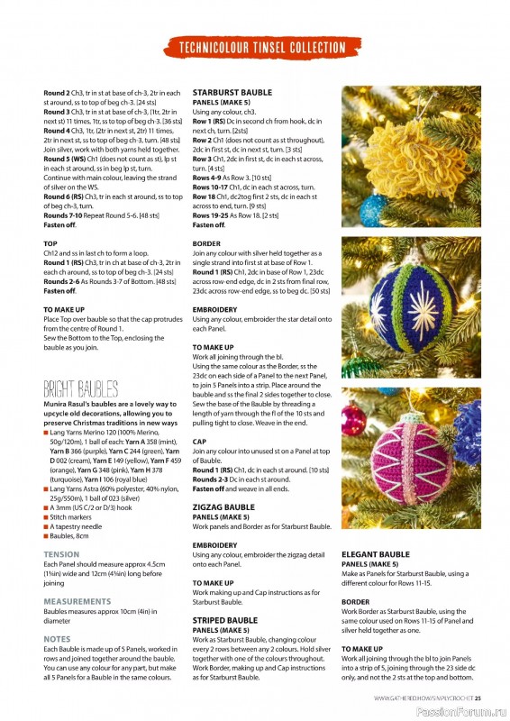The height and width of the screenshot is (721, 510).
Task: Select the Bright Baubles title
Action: click(80, 388)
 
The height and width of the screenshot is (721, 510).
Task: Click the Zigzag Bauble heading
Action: click(224, 508)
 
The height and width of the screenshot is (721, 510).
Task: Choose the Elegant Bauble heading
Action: click(376, 554)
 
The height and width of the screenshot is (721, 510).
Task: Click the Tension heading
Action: click(61, 554)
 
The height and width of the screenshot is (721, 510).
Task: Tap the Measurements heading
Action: click(77, 600)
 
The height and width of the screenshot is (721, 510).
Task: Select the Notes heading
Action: click(57, 638)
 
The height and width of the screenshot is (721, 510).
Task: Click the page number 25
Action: click(478, 697)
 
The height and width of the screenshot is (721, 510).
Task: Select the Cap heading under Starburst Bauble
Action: click(199, 442)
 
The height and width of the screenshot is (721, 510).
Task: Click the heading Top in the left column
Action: click(50, 243)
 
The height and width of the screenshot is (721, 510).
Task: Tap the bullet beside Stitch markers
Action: click(46, 518)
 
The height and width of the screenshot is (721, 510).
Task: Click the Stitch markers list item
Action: click(72, 518)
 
